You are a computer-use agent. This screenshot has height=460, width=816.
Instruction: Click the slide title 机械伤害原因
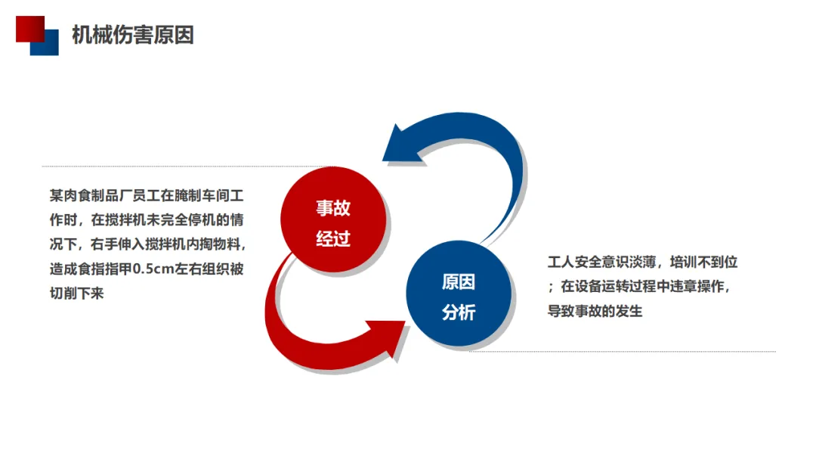pos(133,35)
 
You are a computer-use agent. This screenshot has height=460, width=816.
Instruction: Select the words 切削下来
pos(76,293)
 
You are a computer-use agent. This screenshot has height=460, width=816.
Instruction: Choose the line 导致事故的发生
pos(595,311)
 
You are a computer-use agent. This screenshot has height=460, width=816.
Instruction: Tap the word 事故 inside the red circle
pos(333,208)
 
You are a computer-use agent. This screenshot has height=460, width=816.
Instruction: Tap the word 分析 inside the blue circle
pos(459,310)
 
